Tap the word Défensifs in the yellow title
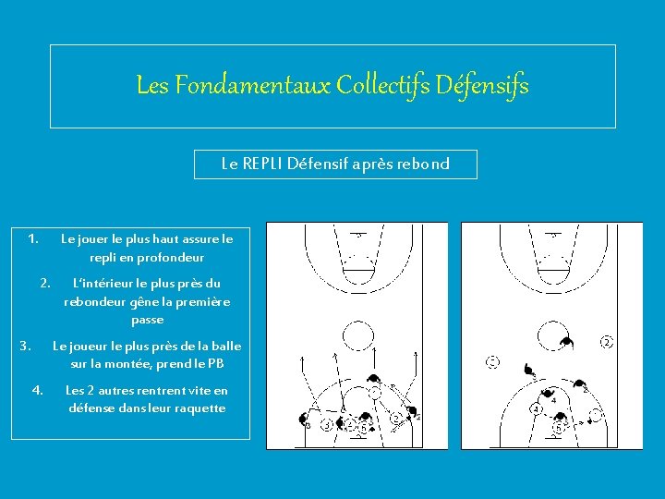(x=482, y=86)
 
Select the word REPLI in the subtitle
(x=262, y=164)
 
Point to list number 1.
(x=33, y=239)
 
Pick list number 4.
(x=37, y=390)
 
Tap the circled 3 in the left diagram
(x=327, y=424)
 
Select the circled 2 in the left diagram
(x=396, y=419)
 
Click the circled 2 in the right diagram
(x=607, y=342)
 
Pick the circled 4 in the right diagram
(x=537, y=409)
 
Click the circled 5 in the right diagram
(x=559, y=428)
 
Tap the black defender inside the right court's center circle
(x=566, y=342)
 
